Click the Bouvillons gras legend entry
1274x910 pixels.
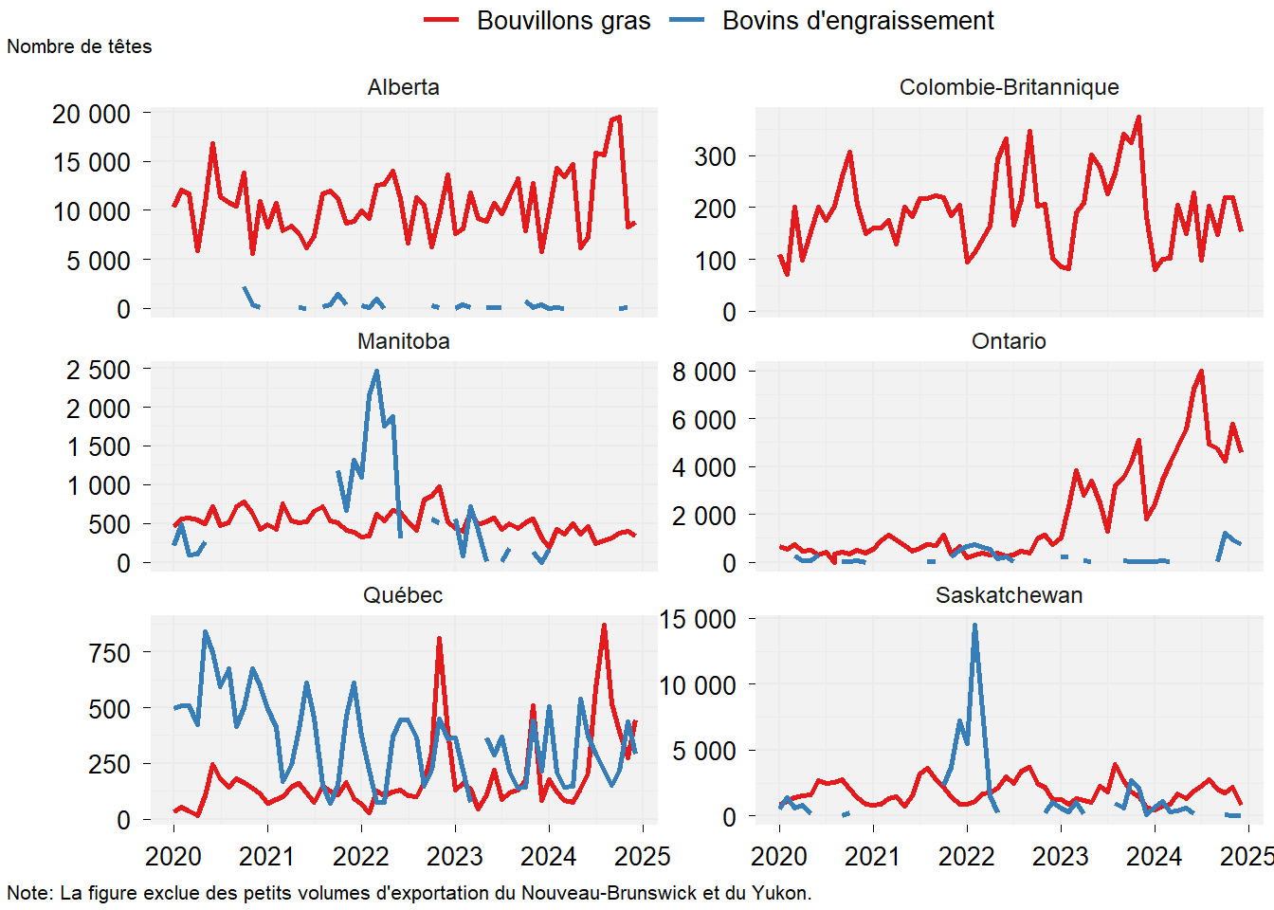(563, 21)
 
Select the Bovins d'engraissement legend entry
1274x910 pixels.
(858, 21)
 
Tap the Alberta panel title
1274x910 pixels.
(403, 87)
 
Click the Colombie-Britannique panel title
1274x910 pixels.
(1009, 87)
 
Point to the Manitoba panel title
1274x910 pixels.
(403, 341)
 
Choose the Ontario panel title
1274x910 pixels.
(1009, 341)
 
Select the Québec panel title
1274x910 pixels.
(403, 595)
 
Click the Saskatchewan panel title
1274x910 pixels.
(1009, 595)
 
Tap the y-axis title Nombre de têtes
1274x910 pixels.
(80, 46)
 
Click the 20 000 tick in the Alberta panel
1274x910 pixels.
(91, 114)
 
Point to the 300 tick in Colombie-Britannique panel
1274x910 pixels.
(715, 156)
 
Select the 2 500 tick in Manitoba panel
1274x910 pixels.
(98, 370)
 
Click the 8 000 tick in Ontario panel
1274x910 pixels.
(703, 372)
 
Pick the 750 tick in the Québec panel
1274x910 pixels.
(109, 653)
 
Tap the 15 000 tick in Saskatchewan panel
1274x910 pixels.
(697, 619)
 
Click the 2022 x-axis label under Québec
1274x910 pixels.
(361, 857)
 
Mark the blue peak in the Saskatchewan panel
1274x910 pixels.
(974, 626)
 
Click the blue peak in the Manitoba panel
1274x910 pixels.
(377, 372)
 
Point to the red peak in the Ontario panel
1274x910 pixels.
(1202, 372)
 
